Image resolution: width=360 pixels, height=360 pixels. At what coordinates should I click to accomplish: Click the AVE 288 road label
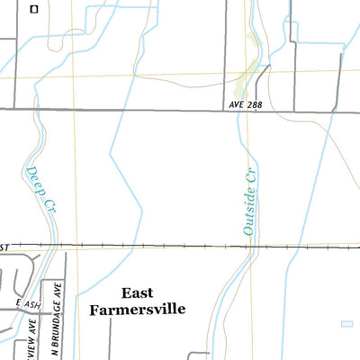pos(245,104)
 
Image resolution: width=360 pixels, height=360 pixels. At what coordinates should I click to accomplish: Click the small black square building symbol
pos(33,10)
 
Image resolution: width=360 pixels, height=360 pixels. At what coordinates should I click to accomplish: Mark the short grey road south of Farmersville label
pos(110,337)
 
